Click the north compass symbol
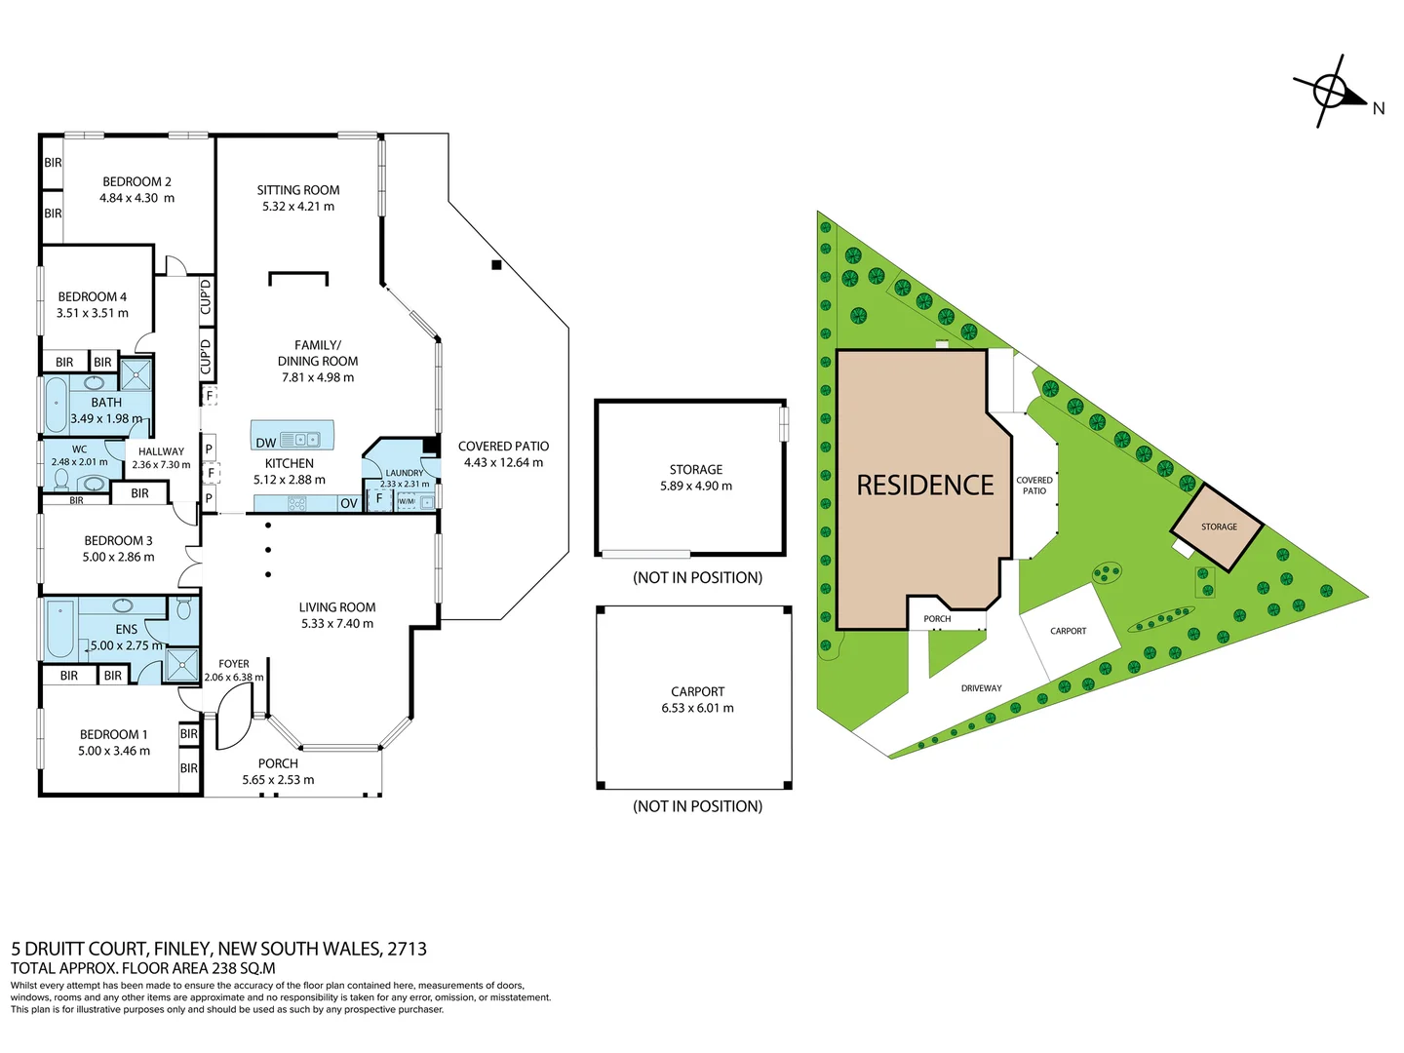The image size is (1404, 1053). point(1330,92)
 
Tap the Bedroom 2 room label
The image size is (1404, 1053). point(136,181)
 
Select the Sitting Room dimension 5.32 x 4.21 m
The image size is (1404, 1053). point(297,207)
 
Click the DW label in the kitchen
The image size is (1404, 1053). point(265,443)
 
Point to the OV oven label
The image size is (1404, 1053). point(348,504)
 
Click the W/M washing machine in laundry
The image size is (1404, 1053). point(407,501)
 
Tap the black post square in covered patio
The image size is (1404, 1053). point(496,265)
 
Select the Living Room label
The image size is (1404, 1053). point(336,607)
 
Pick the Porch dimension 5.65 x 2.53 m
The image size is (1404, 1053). point(278,780)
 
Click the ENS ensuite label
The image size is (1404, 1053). point(127,630)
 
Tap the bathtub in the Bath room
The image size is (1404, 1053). point(56,405)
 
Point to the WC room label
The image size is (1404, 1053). point(79,449)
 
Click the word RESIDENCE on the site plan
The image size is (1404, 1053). point(924,486)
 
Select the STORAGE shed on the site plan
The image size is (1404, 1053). point(1218,526)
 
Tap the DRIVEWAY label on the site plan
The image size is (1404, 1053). point(981,688)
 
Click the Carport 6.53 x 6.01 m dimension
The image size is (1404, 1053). point(697,709)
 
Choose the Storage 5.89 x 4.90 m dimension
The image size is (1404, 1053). point(695,487)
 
